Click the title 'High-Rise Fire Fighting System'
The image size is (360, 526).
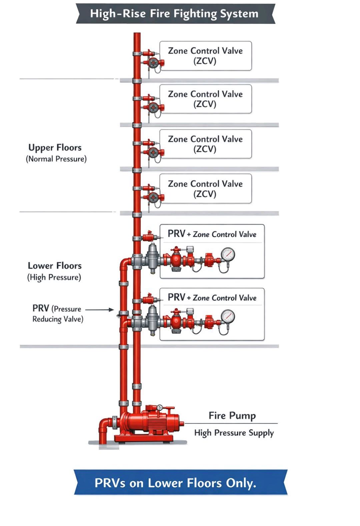(x=174, y=14)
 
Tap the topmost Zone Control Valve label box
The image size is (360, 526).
(x=205, y=56)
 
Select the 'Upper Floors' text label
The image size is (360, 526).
(x=55, y=147)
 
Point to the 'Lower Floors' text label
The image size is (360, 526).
(x=55, y=266)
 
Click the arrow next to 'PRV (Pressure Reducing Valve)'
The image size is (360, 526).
(x=100, y=310)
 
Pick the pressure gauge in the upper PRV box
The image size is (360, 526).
(x=228, y=254)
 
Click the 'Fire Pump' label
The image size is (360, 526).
(x=232, y=416)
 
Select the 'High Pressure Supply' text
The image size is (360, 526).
(x=234, y=433)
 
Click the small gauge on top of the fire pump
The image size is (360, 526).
(x=160, y=407)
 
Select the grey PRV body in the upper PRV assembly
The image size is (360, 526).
(x=152, y=257)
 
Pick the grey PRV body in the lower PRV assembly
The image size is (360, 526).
(x=152, y=319)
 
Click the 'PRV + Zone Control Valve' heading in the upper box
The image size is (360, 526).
(x=212, y=234)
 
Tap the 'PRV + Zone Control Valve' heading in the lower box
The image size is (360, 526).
(x=212, y=298)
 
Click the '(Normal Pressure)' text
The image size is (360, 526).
(x=56, y=159)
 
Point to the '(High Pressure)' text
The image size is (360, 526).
(x=54, y=277)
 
